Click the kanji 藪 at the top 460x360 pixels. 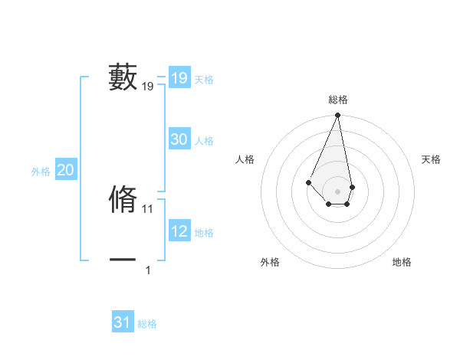[123, 77]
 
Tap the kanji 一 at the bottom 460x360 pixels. [123, 260]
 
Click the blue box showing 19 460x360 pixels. [179, 77]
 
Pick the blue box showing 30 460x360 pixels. [179, 139]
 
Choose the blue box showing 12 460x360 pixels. [179, 231]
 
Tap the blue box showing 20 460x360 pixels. [66, 170]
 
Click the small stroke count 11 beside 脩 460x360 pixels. [148, 208]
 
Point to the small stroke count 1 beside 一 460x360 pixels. [148, 270]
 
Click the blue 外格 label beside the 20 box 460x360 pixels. [41, 172]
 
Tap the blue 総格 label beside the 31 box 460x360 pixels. [147, 324]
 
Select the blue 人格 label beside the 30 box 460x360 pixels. [204, 141]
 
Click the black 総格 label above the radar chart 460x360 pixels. [338, 100]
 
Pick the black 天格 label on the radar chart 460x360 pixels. [432, 159]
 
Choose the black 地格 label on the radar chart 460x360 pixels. [402, 262]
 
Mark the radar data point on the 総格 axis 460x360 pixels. [338, 116]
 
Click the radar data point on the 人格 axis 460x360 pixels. [308, 182]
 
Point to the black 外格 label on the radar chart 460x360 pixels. [270, 262]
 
